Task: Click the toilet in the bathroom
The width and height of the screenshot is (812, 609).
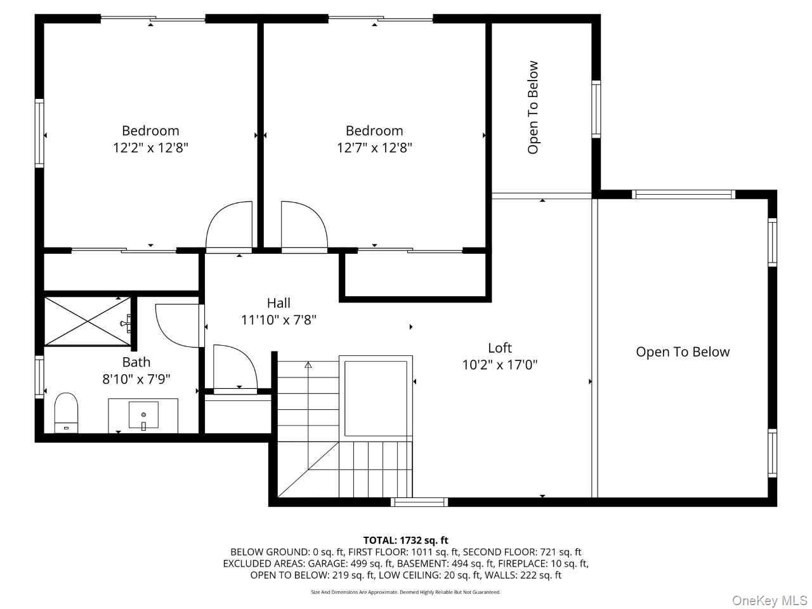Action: (x=66, y=412)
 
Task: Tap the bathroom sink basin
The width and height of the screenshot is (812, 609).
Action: (x=143, y=415)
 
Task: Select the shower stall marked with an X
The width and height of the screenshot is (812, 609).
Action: (x=88, y=322)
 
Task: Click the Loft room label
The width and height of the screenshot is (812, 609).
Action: (x=500, y=348)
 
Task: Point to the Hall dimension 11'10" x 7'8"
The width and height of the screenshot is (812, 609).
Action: (x=278, y=320)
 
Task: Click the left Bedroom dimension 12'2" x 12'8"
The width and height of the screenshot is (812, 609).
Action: (x=150, y=148)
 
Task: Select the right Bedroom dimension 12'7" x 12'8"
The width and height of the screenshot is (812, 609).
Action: (x=374, y=148)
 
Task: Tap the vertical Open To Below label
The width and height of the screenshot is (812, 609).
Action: (x=533, y=107)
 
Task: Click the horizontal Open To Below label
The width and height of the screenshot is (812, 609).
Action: (x=683, y=351)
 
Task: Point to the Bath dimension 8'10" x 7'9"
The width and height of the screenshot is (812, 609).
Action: (x=136, y=379)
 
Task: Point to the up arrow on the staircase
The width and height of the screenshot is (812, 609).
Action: (x=308, y=365)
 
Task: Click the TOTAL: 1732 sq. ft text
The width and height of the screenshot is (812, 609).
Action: (x=406, y=540)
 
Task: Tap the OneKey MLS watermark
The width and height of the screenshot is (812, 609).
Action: (x=769, y=600)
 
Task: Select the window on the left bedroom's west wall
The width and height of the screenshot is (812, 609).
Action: (x=39, y=133)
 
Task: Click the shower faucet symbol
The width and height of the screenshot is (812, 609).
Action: (x=126, y=321)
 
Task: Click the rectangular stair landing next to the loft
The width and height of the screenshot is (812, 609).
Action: (x=376, y=398)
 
